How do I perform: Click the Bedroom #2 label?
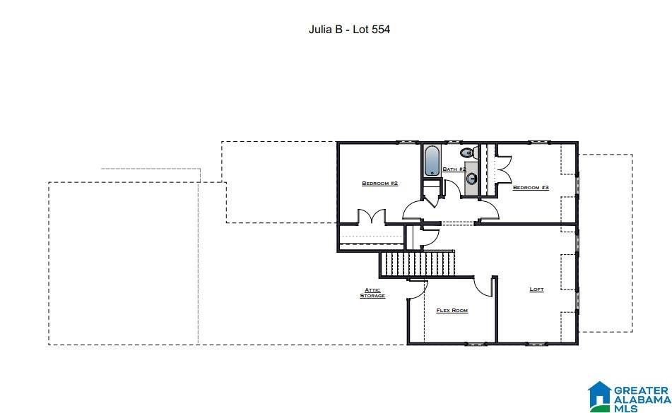pos(379,183)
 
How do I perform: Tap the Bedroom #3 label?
pos(531,188)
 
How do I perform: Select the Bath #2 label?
pos(454,169)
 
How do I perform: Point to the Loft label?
pos(536,289)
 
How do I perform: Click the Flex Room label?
pos(452,311)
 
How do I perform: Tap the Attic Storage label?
pos(372,293)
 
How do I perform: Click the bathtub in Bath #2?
pos(432,161)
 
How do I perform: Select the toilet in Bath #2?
pos(468,152)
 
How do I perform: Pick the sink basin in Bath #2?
pos(472,179)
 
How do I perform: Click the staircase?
pos(418,264)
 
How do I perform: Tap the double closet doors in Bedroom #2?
pos(372,216)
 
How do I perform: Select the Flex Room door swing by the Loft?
pos(483,287)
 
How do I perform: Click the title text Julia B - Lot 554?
pos(349,30)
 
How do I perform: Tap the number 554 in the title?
pos(381,30)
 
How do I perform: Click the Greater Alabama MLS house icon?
pos(600,395)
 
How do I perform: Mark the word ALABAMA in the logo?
pos(643,400)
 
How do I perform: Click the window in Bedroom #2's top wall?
pos(407,142)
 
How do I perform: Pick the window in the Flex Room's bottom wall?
pos(476,343)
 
